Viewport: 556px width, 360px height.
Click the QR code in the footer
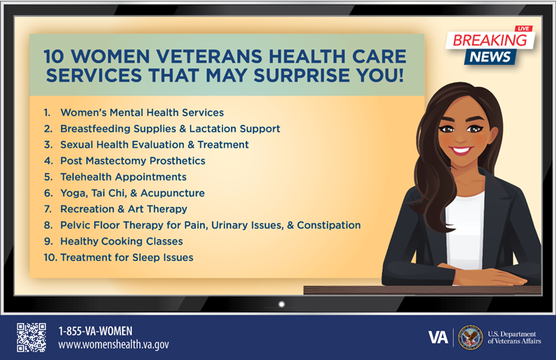tap(31, 337)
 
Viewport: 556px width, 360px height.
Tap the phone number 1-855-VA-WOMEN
tap(95, 331)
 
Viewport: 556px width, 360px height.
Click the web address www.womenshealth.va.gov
tap(113, 345)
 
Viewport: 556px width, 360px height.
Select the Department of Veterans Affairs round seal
tap(470, 338)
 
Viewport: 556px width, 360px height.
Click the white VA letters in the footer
tap(438, 338)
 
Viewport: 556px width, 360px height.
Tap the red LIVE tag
tap(523, 29)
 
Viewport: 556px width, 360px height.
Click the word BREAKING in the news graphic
tap(489, 40)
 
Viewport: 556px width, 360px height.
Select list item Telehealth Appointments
tap(123, 177)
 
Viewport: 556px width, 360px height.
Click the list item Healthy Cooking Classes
tap(121, 241)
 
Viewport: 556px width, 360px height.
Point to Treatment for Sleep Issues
tap(127, 257)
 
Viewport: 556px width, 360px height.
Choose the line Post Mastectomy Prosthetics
tap(132, 161)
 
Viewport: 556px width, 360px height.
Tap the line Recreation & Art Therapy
tap(123, 209)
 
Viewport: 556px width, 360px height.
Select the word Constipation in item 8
tap(328, 225)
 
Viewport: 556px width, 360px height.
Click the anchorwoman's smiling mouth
tap(460, 151)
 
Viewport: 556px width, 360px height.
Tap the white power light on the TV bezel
tap(281, 304)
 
